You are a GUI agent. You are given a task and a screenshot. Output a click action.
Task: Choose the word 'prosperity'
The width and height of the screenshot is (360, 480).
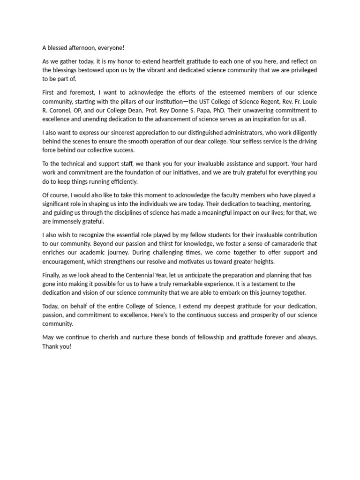pos(259,315)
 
